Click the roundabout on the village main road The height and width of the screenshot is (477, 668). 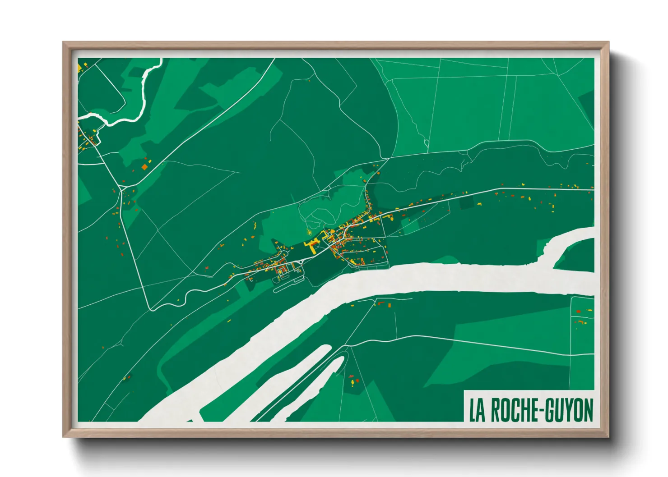click(301, 261)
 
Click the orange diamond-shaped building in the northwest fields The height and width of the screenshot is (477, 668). click(144, 167)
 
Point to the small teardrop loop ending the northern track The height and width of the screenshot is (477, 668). click(427, 144)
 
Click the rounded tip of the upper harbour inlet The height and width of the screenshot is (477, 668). click(326, 348)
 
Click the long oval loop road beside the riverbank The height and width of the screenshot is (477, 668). click(289, 282)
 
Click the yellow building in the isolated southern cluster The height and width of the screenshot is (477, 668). click(353, 382)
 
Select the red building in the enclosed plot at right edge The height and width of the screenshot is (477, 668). click(579, 312)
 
